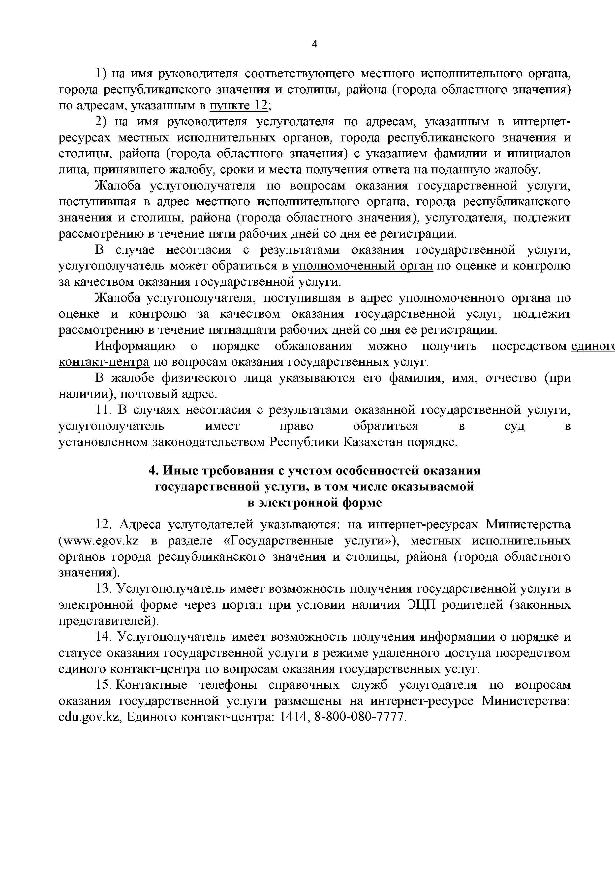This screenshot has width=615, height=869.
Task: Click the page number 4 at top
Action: pos(314,45)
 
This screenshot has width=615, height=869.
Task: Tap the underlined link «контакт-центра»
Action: pos(104,362)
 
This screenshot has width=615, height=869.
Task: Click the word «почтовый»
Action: pos(149,394)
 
